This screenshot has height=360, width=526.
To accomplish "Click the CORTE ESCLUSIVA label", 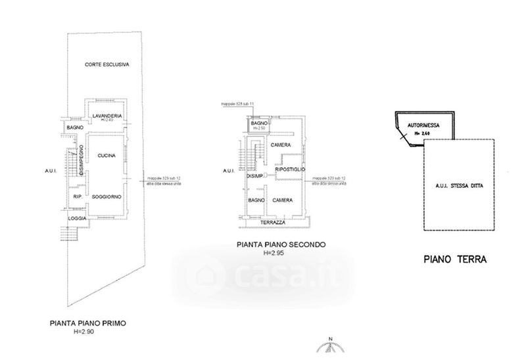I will point(107,64).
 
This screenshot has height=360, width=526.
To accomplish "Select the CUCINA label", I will point(107,156).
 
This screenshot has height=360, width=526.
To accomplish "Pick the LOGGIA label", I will point(76,217).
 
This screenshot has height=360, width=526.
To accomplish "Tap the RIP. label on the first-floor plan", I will point(77,196).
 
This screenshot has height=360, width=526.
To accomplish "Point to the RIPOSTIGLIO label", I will point(291,169).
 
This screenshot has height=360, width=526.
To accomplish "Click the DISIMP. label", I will point(254,176).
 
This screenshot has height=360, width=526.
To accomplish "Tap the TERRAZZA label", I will point(272,223).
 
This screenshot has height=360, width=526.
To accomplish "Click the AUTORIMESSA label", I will point(423,124).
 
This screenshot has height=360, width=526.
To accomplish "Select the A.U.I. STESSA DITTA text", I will point(458,187).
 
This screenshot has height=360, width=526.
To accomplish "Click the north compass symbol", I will point(331,349).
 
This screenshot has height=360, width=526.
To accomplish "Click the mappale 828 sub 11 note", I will point(237,104).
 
